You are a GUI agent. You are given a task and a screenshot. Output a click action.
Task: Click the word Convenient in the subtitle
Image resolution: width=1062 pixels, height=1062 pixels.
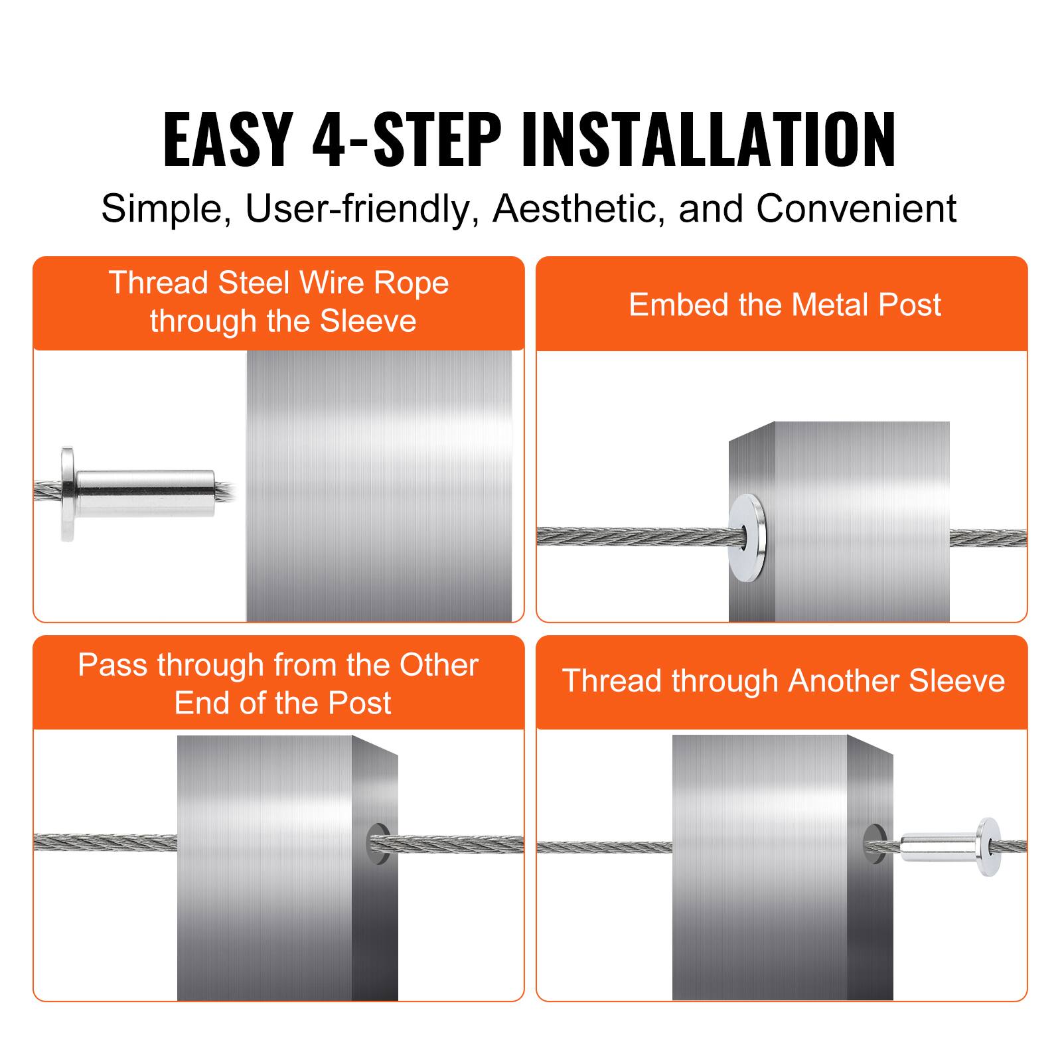click(x=856, y=208)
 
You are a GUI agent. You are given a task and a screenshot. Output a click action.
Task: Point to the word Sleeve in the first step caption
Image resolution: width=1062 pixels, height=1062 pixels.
click(x=368, y=321)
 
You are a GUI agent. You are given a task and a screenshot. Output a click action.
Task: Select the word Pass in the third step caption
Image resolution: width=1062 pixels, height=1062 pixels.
click(x=114, y=665)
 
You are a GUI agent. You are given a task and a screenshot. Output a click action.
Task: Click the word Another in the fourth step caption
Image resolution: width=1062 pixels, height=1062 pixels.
click(x=844, y=681)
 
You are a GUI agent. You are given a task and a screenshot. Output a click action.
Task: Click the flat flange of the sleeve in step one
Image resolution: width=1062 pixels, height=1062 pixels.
click(x=67, y=494)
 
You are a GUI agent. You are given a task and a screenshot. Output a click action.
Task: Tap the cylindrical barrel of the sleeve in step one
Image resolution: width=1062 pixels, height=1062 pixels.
click(x=146, y=494)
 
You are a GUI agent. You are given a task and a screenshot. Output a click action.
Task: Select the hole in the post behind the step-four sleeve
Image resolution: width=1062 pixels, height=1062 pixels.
click(x=873, y=844)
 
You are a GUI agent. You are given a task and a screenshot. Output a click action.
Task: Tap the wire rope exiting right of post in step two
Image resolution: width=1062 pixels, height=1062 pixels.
click(x=988, y=538)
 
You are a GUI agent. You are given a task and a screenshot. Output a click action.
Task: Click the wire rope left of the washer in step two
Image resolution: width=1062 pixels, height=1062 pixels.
click(x=631, y=536)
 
